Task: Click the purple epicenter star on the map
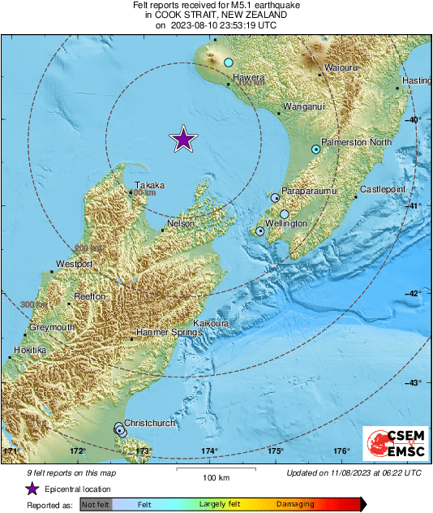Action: pos(184,140)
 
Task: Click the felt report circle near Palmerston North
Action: pos(316,149)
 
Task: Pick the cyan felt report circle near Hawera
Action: pos(229,63)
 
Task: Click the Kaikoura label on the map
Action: pos(213,322)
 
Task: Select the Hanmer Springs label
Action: pos(165,334)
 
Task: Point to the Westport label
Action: pos(74,265)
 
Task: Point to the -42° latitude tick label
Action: pos(414,294)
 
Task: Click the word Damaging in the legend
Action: pos(295,504)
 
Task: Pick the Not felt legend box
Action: pos(96,505)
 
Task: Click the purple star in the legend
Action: pos(32,489)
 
